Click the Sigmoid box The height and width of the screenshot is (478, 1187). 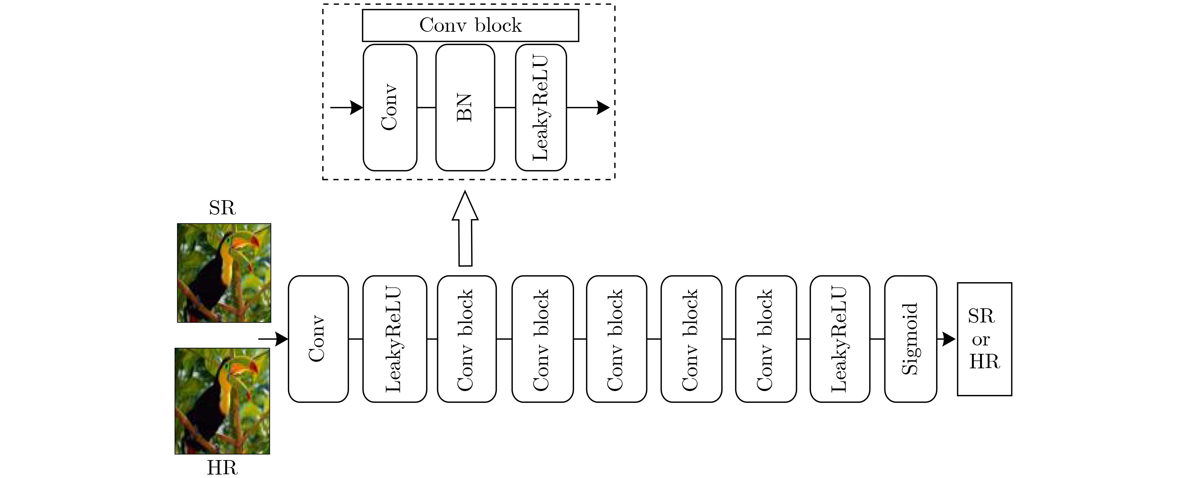click(911, 339)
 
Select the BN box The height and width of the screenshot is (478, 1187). click(465, 107)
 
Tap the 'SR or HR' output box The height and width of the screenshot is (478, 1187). click(984, 339)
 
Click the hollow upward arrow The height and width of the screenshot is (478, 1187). click(465, 228)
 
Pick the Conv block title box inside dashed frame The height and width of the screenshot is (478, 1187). click(470, 25)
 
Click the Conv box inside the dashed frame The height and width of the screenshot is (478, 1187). click(390, 107)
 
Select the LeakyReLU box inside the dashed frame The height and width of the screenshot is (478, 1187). click(540, 107)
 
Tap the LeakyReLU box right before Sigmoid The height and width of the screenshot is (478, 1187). click(840, 339)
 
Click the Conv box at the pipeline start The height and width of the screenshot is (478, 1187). click(318, 339)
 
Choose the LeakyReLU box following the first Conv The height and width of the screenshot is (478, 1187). click(394, 339)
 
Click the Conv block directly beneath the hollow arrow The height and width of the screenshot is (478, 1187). click(467, 339)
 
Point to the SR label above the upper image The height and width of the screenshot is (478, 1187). click(222, 208)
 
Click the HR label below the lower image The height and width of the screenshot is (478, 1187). click(222, 468)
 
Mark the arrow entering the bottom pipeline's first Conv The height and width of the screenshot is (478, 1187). click(273, 339)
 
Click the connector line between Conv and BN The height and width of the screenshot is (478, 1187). click(426, 107)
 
